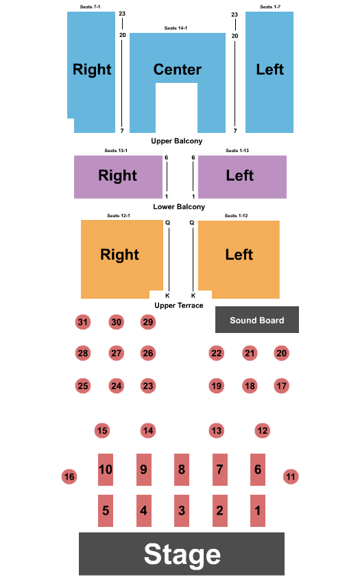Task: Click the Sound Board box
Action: pos(256,320)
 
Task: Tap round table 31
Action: pos(83,321)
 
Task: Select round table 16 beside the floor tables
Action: pos(69,476)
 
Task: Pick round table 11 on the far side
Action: pos(291,476)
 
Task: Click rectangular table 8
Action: pos(181,470)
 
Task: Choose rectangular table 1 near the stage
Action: pos(258,510)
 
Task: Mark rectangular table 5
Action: pos(106,510)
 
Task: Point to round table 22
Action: pos(217,353)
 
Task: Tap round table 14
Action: pos(148,430)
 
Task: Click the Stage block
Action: pos(182,554)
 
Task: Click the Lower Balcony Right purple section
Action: pos(117,176)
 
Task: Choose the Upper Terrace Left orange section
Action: pos(239,255)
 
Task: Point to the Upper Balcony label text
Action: pos(177,141)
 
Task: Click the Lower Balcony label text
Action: pos(178,206)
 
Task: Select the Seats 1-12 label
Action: pos(237,216)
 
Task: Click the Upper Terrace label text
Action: pos(178,305)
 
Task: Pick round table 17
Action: pos(281,386)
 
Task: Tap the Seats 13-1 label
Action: pos(116,151)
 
